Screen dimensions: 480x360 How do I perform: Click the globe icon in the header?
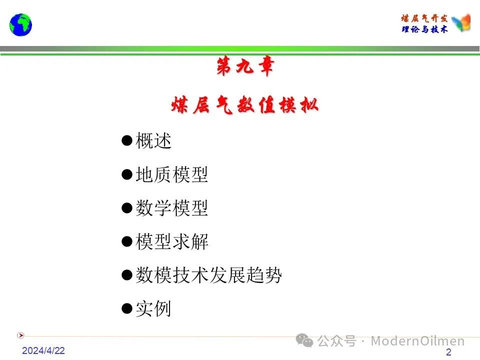20,25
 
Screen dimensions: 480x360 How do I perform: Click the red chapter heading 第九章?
245,66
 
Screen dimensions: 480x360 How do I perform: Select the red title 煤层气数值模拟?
245,105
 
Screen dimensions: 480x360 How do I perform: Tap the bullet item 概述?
153,141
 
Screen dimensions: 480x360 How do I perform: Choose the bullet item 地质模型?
171,174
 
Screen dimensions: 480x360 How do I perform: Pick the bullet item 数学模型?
171,208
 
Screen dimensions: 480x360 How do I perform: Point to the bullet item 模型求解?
171,241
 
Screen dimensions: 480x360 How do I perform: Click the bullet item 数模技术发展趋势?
208,275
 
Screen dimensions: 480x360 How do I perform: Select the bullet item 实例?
153,308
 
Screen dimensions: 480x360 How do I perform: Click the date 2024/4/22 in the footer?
43,350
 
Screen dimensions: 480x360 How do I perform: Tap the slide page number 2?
448,352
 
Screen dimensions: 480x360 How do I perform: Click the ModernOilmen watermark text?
417,340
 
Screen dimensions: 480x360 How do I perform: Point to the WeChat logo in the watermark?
304,340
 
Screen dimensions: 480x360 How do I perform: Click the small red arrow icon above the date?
20,335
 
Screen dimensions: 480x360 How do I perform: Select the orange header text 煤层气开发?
424,18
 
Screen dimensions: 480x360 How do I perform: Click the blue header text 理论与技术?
424,29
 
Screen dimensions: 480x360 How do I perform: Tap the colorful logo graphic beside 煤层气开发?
461,22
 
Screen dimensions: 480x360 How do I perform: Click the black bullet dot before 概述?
126,140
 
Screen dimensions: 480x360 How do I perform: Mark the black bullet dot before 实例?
126,308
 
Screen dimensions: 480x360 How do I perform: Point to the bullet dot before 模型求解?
126,241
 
